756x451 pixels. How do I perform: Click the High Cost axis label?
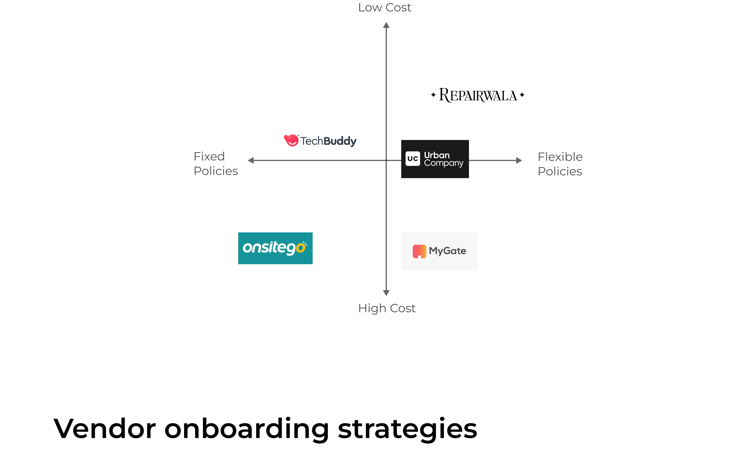386,308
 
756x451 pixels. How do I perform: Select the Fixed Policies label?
215,164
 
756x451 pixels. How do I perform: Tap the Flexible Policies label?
560,164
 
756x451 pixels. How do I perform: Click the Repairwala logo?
478,95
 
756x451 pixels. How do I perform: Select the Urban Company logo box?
435,159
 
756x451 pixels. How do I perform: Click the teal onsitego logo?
275,248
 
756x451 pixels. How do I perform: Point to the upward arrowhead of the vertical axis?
386,25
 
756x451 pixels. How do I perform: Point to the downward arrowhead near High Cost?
386,293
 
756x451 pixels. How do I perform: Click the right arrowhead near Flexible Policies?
519,160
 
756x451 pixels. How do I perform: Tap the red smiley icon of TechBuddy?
291,140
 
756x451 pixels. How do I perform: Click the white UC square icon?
413,159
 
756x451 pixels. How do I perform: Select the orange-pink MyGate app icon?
419,251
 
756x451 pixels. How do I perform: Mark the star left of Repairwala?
433,95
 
